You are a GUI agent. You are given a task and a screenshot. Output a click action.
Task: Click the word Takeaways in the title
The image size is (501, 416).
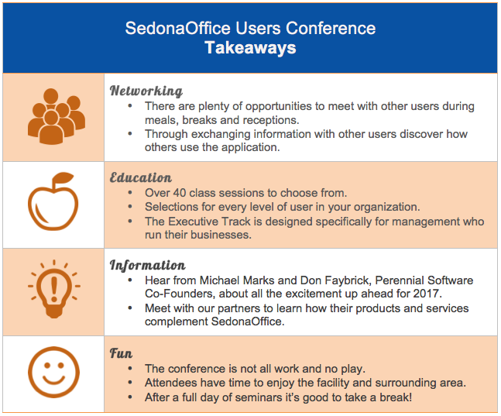pos(250,48)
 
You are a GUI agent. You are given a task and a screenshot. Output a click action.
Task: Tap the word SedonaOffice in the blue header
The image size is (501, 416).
pos(177,28)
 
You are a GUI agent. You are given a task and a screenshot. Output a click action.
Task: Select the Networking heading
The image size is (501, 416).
pos(146,91)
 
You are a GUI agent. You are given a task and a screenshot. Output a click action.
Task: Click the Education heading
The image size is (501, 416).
pos(141,177)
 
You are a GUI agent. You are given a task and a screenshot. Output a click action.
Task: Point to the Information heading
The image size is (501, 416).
pos(147,266)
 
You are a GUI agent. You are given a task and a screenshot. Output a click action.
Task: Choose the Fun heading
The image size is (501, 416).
pos(121,354)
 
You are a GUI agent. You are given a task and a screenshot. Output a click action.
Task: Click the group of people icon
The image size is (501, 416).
pos(57,116)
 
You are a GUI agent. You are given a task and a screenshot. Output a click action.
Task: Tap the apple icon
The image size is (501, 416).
pos(53,201)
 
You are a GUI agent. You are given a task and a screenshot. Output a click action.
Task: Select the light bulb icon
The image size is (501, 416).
pos(54,289)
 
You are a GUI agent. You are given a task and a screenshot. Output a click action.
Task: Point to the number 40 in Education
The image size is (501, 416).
pos(179,193)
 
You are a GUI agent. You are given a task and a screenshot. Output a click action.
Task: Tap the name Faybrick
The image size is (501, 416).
pos(348,280)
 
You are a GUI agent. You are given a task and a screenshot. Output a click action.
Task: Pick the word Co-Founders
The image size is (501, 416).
pos(180,294)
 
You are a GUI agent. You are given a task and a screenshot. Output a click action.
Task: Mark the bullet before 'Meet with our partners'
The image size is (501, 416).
pos(130,308)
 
